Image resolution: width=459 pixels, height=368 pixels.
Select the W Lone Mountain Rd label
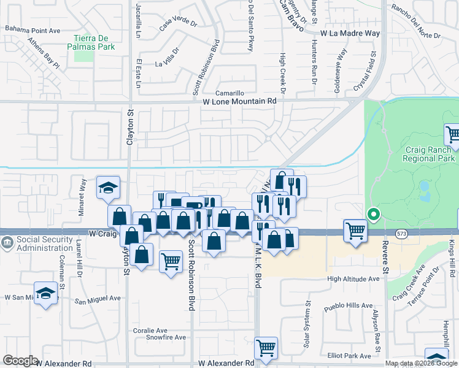pos(240,101)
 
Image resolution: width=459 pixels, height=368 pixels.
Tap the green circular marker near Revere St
pos(372,215)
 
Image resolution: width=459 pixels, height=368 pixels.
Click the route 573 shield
pos(402,234)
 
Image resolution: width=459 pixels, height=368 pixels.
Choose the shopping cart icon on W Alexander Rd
pos(266,348)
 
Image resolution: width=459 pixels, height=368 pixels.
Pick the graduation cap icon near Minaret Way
pos(108,188)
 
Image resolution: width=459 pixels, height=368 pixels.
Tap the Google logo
pos(20,361)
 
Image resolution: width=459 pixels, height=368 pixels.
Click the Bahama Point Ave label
pos(33,29)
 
